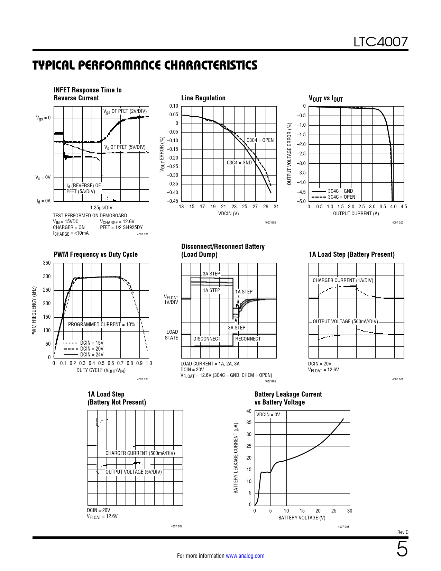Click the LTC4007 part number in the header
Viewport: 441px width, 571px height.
click(380, 42)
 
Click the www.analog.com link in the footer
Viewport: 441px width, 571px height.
click(245, 556)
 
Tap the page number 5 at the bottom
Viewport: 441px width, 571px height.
click(402, 550)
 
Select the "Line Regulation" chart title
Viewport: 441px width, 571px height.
click(203, 98)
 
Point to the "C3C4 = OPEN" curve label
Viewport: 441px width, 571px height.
click(260, 140)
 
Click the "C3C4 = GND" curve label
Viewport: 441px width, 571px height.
click(239, 163)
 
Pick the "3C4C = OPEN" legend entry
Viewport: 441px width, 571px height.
click(341, 197)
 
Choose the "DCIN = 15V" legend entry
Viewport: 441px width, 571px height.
click(92, 343)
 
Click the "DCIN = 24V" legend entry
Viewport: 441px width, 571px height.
click(92, 354)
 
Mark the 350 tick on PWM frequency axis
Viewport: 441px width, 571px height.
click(47, 263)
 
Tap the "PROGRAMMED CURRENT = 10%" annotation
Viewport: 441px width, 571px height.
click(101, 325)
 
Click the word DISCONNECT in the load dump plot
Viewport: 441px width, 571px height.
click(206, 339)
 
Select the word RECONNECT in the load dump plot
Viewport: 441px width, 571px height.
click(248, 339)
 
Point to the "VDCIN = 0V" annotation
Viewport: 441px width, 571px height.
click(268, 415)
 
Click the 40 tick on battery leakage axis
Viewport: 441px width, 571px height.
click(249, 411)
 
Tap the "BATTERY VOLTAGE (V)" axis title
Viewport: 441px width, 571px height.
click(302, 518)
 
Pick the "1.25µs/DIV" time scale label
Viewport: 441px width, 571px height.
click(101, 208)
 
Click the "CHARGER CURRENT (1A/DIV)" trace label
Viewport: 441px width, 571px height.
click(343, 280)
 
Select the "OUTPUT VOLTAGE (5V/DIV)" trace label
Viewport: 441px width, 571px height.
click(134, 472)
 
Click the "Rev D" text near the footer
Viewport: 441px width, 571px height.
click(403, 532)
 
